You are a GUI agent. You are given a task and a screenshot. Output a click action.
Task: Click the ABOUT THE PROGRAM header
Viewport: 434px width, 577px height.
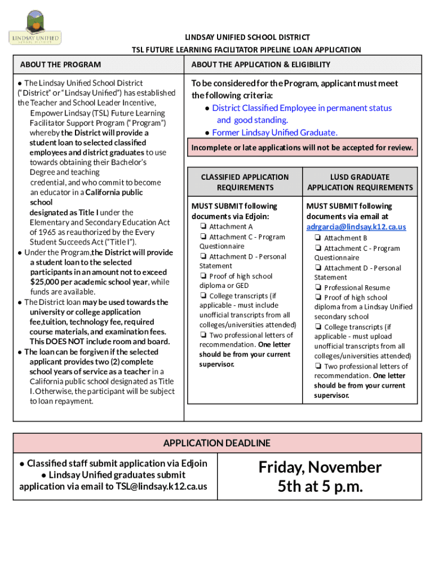click(x=60, y=65)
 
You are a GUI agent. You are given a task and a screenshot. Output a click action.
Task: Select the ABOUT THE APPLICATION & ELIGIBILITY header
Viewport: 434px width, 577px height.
click(x=260, y=65)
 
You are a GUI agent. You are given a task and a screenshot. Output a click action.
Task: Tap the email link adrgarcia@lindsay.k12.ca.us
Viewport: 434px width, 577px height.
click(x=356, y=227)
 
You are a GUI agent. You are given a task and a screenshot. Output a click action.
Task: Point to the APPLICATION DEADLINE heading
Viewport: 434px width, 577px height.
click(x=216, y=443)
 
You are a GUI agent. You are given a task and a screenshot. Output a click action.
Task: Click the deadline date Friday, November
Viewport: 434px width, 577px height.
click(x=320, y=467)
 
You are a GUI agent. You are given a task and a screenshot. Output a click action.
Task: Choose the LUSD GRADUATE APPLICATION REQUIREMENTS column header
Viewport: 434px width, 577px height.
click(x=360, y=182)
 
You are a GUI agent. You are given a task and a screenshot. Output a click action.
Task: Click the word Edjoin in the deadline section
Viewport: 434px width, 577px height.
click(x=194, y=463)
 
